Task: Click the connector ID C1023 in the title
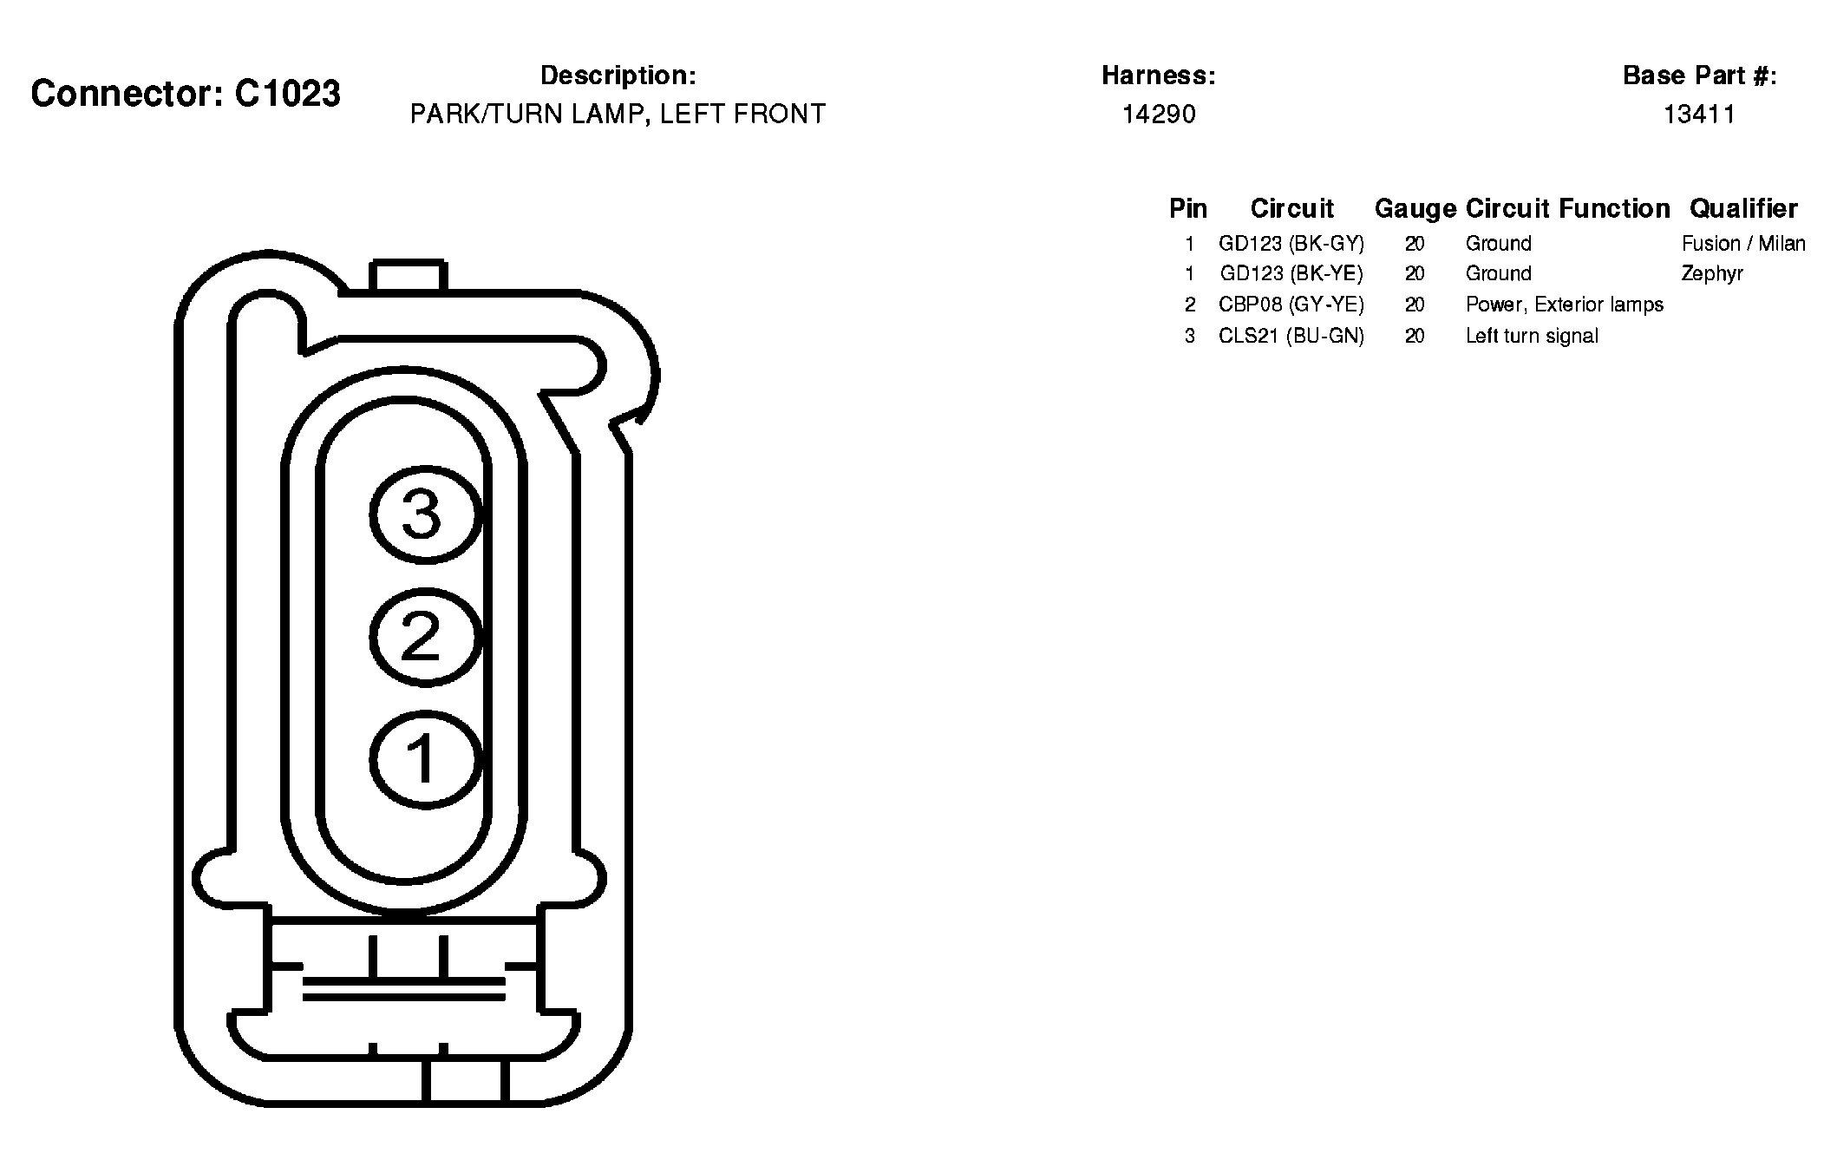click(287, 94)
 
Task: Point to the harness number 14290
click(1159, 115)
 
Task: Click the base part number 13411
click(1699, 115)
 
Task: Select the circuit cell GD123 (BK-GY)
click(1291, 244)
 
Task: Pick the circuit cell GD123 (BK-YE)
click(1291, 274)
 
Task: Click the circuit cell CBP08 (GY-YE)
click(1291, 305)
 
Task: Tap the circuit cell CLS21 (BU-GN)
click(1291, 337)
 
